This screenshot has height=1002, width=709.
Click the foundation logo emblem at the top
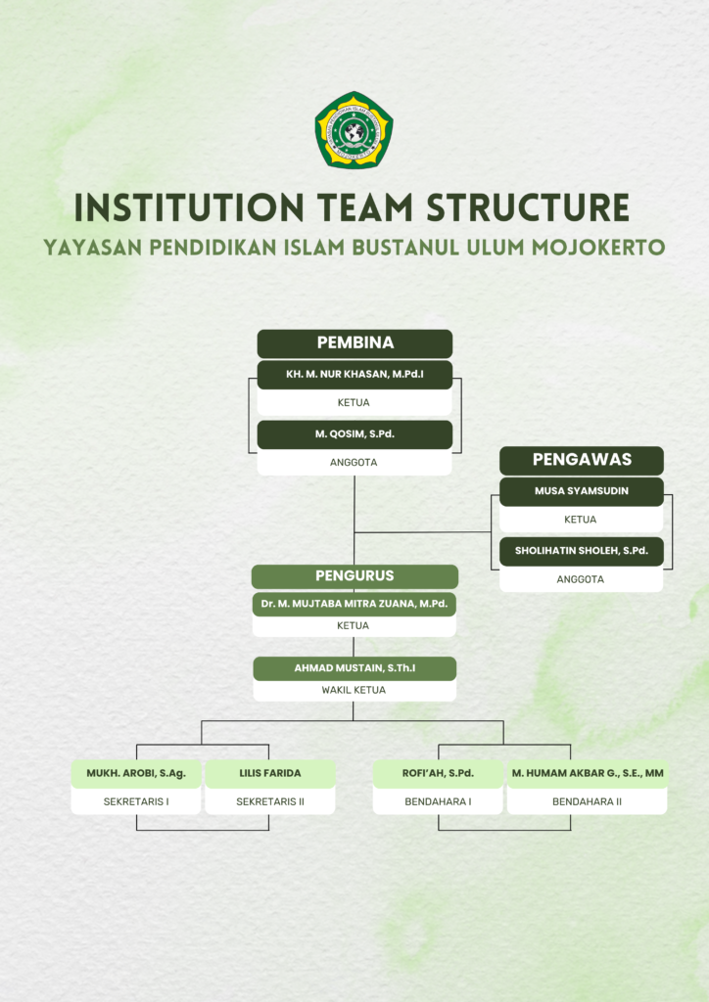tap(354, 130)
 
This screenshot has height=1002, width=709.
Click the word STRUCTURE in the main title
tap(528, 207)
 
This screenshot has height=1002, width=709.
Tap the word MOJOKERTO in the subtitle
tap(598, 247)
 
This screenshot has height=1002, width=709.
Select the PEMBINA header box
tap(354, 343)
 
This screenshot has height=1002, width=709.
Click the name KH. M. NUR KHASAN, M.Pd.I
tap(354, 374)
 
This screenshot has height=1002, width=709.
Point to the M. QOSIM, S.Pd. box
tap(354, 434)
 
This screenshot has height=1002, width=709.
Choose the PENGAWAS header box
tap(582, 460)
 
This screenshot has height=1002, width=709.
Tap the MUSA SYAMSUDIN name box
tap(582, 491)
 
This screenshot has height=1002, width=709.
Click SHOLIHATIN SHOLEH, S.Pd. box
tap(582, 552)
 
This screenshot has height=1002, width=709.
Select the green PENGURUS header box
tap(354, 575)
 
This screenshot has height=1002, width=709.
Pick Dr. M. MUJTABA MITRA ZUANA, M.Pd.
tap(354, 604)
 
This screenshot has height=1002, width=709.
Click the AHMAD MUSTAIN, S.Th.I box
tap(354, 668)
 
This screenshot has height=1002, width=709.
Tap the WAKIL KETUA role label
tap(354, 690)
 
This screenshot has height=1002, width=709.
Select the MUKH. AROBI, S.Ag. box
tap(136, 774)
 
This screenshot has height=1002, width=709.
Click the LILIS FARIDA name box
tap(270, 774)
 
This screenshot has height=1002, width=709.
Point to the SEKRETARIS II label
tap(270, 801)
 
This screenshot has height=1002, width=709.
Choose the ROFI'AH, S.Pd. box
tap(438, 774)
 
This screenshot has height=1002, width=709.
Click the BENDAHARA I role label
tap(438, 801)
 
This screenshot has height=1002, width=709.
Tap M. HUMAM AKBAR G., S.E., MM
tap(588, 773)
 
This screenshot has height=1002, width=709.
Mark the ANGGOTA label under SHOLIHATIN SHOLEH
tap(581, 579)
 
